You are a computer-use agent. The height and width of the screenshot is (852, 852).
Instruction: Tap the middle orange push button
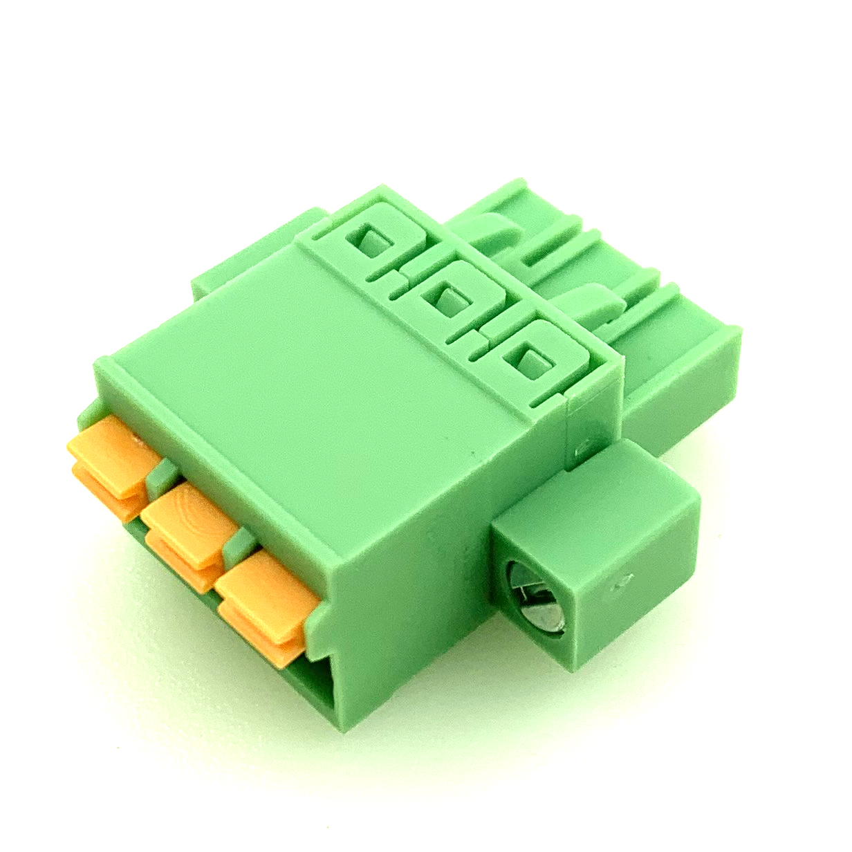187,515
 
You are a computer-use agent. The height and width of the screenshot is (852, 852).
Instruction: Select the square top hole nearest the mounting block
529,360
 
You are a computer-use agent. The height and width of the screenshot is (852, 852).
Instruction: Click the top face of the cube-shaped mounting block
595,498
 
